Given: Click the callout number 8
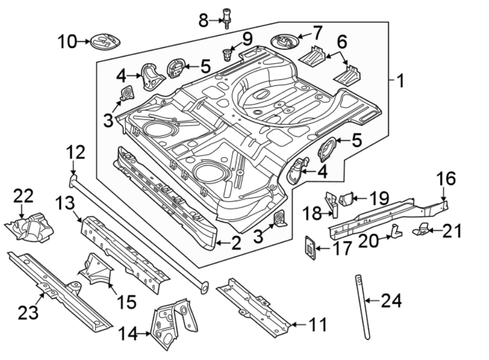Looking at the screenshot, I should click(203, 21).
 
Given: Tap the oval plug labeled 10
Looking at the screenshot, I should click(105, 40).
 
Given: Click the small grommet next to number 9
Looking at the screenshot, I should click(227, 54).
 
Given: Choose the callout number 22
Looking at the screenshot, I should click(23, 197).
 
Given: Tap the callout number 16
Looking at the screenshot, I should click(445, 179).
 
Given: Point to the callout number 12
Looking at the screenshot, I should click(76, 153).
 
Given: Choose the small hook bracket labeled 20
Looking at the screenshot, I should click(395, 232).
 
